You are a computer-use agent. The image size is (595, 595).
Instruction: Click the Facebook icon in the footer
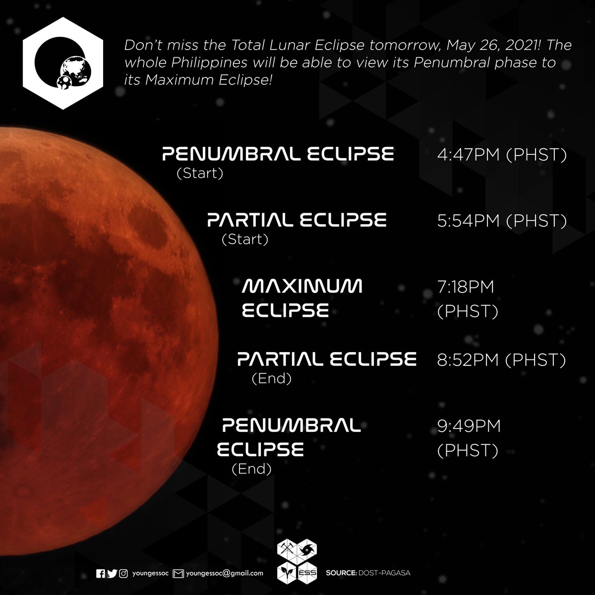(x=101, y=573)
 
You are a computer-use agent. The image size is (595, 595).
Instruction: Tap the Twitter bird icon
(x=112, y=573)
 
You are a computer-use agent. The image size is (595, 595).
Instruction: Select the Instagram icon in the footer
(x=124, y=573)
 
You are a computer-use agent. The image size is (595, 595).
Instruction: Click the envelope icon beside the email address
(x=178, y=573)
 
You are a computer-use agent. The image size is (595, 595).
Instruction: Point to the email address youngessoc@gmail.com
(x=225, y=573)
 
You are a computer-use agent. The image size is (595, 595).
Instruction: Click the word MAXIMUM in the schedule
(x=302, y=286)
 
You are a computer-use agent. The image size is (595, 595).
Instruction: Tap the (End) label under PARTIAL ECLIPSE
(x=271, y=379)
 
